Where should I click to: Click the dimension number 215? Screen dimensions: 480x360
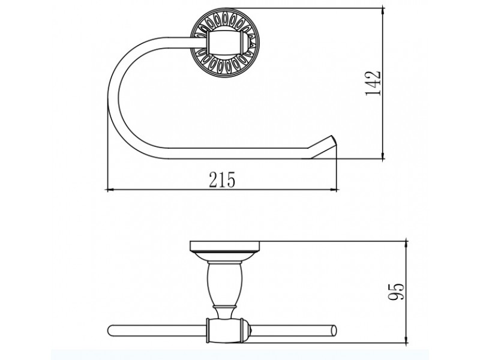(222, 179)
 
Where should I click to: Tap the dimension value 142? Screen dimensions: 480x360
(373, 83)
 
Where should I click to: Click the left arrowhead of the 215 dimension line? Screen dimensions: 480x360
(109, 190)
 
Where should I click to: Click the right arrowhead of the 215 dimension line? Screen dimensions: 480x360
(334, 190)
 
